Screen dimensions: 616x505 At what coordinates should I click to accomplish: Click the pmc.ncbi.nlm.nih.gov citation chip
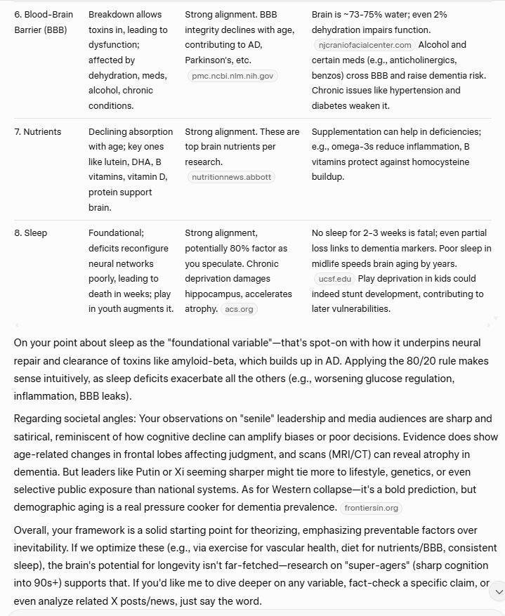coord(232,75)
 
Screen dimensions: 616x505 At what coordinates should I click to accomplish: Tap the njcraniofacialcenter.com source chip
coord(364,45)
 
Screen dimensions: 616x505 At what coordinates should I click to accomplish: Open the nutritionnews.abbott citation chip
coord(232,177)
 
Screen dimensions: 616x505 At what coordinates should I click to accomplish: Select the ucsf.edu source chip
coord(334,279)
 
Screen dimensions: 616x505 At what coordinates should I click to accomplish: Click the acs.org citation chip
coord(240,308)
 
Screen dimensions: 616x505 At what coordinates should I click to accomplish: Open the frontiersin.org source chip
coord(372,507)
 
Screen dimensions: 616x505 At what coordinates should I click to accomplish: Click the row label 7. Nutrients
coord(38,132)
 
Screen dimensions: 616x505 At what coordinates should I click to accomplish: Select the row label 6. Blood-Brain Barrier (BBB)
coord(43,22)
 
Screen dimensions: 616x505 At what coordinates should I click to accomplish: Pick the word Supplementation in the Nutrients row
coord(346,132)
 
